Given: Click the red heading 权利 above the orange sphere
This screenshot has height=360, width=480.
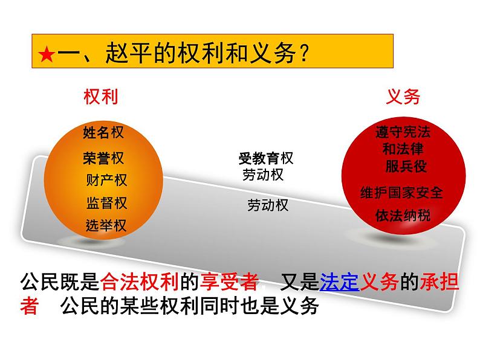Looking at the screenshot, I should tap(101, 97).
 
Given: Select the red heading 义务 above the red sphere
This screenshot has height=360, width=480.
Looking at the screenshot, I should tap(403, 97).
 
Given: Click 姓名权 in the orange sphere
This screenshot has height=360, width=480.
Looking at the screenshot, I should tap(103, 133).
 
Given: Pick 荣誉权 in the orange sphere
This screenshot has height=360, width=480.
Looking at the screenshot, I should tap(103, 158).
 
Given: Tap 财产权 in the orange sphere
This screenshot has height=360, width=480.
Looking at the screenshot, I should tap(106, 180).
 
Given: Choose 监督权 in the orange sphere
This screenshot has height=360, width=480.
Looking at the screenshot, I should tap(106, 203).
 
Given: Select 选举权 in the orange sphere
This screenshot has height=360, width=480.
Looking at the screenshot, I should tap(106, 226).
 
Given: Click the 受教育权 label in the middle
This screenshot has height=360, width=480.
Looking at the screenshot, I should tap(265, 159).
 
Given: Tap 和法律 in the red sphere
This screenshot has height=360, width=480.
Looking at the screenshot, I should tap(403, 149).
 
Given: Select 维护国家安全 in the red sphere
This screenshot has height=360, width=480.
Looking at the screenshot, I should tap(401, 193).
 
